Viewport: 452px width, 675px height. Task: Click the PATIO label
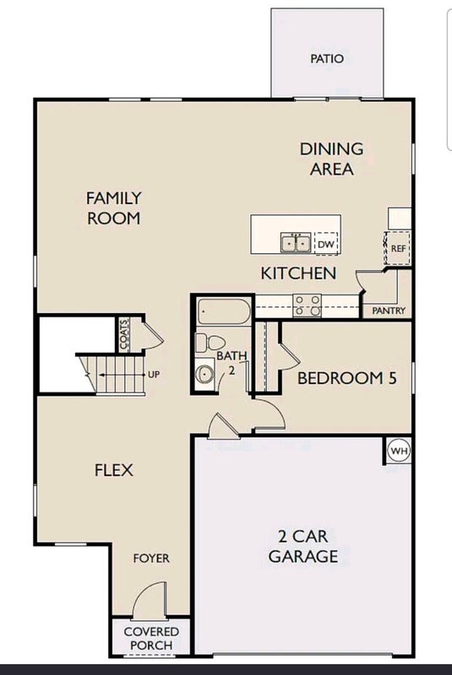(327, 58)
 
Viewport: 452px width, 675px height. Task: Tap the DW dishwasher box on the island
(326, 244)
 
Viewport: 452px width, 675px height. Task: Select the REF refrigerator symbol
(397, 248)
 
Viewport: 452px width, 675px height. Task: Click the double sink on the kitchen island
(296, 243)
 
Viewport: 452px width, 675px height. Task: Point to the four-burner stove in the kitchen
(308, 305)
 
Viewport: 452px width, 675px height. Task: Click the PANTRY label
(389, 310)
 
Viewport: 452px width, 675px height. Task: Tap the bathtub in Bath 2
(224, 311)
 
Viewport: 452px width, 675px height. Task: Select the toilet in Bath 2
(210, 343)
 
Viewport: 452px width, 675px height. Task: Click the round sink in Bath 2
(204, 373)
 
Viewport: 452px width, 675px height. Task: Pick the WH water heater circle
(399, 451)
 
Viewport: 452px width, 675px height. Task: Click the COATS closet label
(123, 335)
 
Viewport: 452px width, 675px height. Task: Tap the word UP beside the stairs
(154, 375)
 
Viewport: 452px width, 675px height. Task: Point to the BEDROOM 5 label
(347, 378)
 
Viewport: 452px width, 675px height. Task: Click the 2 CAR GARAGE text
(303, 546)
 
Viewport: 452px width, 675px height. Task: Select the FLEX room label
(114, 470)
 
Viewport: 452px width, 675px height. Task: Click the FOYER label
(151, 559)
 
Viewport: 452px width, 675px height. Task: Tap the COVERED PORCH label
(151, 639)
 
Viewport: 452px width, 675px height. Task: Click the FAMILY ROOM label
(114, 208)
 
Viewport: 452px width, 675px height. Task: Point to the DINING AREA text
(332, 159)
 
